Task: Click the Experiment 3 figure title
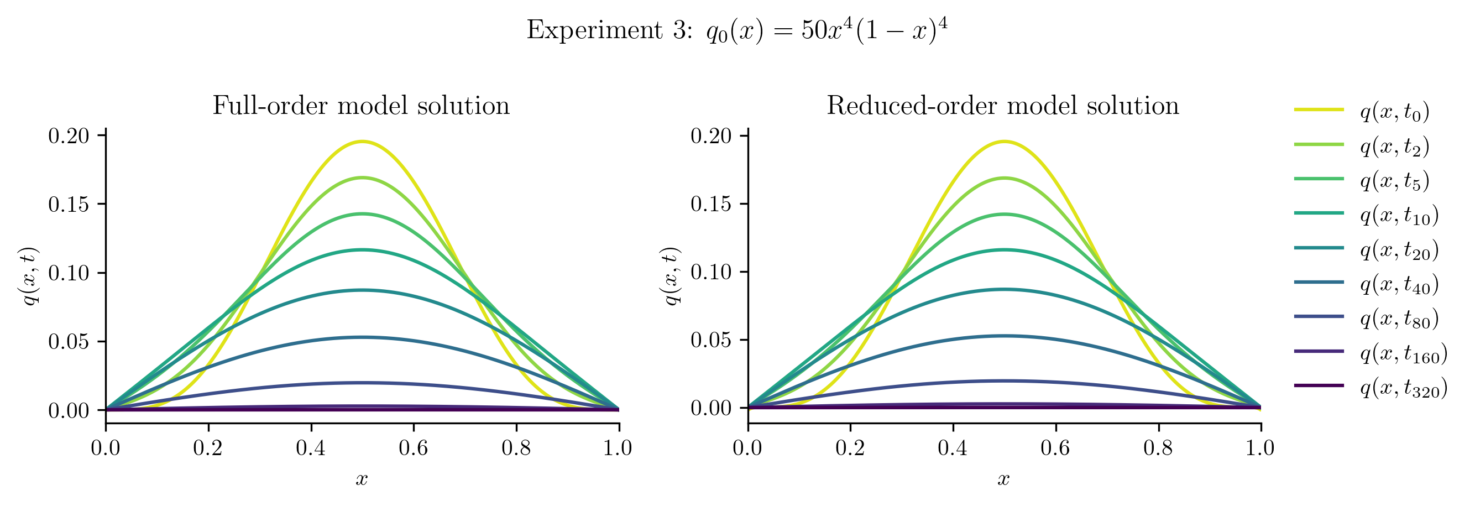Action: pos(737,30)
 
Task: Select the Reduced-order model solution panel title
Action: pos(1003,106)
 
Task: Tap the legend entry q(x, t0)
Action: pos(1394,111)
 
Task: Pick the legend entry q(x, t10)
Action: pos(1399,215)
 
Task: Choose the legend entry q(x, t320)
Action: pos(1404,387)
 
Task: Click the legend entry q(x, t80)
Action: pos(1399,318)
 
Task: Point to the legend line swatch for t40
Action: pos(1319,282)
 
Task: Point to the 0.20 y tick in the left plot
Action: pos(69,136)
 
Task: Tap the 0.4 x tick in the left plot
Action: pos(311,447)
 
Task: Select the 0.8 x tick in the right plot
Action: pos(1158,447)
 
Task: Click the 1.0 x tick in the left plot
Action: pos(618,447)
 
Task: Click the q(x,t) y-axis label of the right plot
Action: pos(671,276)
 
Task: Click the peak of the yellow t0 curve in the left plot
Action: pos(362,141)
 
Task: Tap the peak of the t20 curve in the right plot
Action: pos(1005,289)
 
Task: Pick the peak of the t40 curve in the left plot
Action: pos(362,337)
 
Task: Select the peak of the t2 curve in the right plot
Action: pos(1005,178)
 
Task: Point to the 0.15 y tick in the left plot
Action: pos(69,205)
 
